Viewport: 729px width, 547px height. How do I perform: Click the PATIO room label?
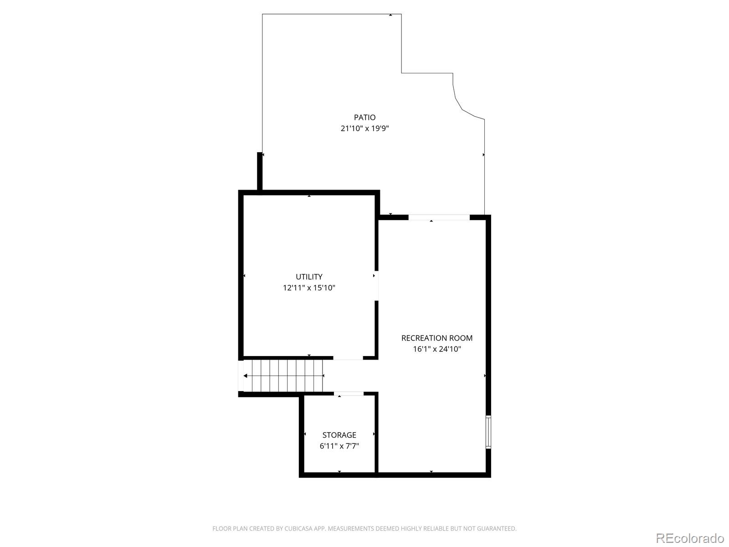[x=364, y=117]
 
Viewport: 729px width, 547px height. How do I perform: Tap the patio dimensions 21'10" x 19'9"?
[x=364, y=128]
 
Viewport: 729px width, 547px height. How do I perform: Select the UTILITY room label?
[x=309, y=277]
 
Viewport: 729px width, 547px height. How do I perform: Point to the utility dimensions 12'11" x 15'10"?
[x=309, y=288]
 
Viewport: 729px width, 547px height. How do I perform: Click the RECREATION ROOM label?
[x=437, y=338]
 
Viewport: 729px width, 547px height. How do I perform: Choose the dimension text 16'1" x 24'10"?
[x=437, y=349]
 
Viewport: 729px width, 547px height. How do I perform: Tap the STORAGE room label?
[x=339, y=435]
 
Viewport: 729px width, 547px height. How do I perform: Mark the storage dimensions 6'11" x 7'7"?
[x=339, y=446]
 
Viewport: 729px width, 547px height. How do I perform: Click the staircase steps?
[x=283, y=376]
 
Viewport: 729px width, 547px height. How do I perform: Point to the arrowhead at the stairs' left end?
[x=245, y=376]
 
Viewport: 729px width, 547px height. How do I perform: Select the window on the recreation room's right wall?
[x=488, y=432]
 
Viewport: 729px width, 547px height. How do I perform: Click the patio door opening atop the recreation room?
[x=439, y=217]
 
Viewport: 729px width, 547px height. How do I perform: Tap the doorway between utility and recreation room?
[x=376, y=286]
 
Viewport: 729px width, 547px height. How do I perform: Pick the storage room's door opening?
[x=349, y=393]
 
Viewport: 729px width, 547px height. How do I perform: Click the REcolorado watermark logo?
[x=690, y=538]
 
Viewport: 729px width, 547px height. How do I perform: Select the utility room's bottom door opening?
[x=348, y=358]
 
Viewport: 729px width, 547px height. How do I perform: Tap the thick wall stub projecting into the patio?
[x=260, y=171]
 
